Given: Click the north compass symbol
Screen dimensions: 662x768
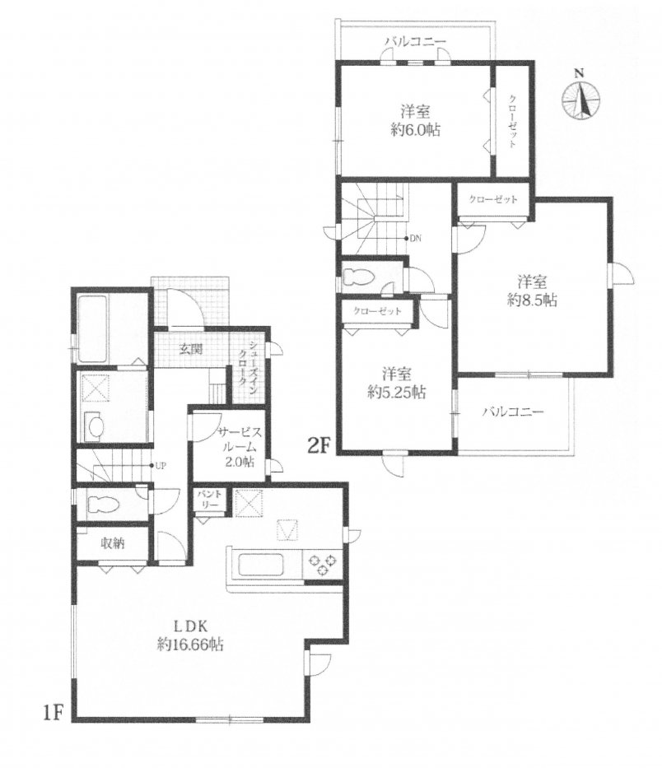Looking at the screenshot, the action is pos(580,97).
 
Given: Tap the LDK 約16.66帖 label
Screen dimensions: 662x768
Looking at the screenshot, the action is pos(190,635).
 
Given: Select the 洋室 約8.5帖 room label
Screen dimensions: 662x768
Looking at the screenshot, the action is pos(532,291).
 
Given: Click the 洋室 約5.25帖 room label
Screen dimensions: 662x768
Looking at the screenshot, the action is pos(397,383).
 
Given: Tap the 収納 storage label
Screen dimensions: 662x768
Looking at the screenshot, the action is pos(113,542).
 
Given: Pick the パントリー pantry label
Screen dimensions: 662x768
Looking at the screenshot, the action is pos(211,500).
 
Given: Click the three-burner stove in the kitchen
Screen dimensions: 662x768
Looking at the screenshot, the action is pos(322,564).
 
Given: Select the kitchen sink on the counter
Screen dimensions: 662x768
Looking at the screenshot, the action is pos(261,566).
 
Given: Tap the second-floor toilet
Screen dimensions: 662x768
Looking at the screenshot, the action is pos(360,277).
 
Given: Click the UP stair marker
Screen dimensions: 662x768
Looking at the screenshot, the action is pos(158,466).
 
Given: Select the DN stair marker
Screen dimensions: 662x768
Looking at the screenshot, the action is pos(413,239).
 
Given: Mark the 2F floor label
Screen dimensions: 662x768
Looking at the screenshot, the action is pos(318,445).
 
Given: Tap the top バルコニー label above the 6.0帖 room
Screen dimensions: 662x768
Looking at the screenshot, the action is pos(416,41).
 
